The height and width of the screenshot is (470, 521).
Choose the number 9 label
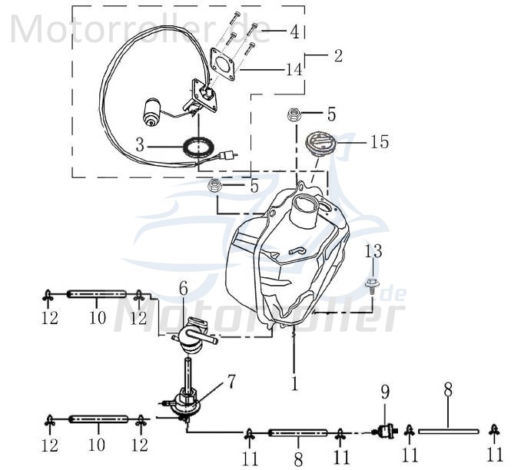pos(387,395)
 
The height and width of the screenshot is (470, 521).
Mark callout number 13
pos(373,252)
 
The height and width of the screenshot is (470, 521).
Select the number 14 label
pos(293,70)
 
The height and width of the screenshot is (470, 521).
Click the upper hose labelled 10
pos(97,294)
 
